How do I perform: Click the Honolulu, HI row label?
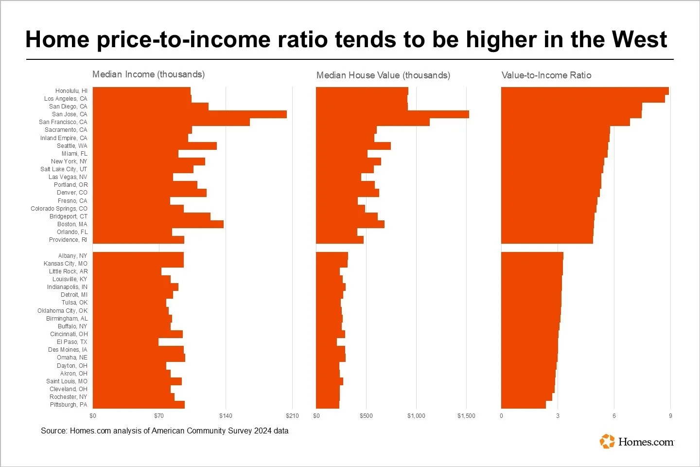coord(71,91)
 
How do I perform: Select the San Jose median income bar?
coord(190,114)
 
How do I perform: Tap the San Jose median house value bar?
coord(392,114)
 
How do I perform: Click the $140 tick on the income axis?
coord(226,416)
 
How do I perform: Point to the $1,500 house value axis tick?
coord(466,416)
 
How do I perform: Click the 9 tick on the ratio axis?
coord(670,416)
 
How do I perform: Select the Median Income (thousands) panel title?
coord(148,74)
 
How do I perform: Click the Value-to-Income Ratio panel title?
coord(546,75)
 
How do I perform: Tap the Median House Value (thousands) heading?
coord(383,75)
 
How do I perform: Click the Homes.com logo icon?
coord(607,441)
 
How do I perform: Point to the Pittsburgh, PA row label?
coord(69,405)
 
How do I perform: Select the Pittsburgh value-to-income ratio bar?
coord(523,405)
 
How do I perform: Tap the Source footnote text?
coord(164,431)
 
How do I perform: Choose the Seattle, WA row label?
coord(72,146)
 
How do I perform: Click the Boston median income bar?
coord(158,224)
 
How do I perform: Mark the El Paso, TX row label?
coord(72,342)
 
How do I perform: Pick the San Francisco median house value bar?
coord(373,122)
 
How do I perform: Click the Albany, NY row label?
coord(72,256)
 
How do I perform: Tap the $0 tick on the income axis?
coord(93,416)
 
